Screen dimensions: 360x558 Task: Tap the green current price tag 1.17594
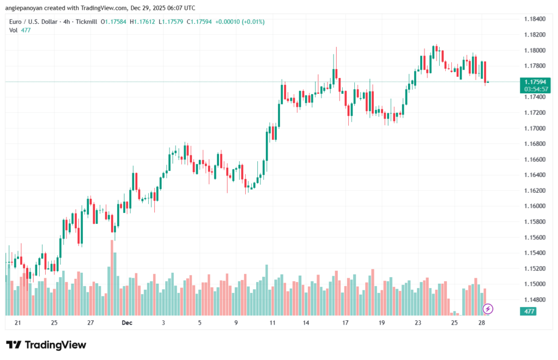tap(535, 82)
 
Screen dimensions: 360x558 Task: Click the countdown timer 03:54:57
tap(535, 89)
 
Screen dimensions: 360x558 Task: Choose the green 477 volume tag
tap(529, 312)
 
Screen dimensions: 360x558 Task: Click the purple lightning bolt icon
tap(488, 309)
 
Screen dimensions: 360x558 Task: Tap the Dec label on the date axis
tap(127, 323)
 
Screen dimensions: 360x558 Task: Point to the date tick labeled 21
tap(18, 323)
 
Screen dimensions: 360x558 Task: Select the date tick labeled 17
tap(345, 323)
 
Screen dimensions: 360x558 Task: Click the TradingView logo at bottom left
tap(46, 345)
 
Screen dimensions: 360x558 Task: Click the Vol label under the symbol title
tap(13, 30)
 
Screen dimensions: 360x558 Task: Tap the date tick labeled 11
tap(272, 323)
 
